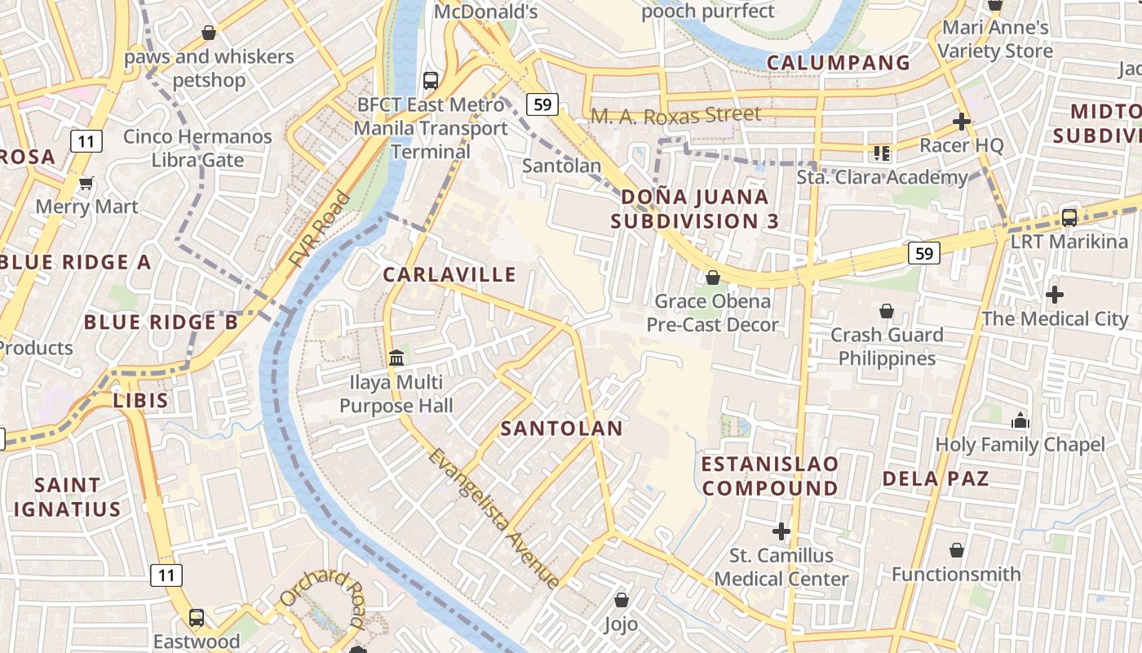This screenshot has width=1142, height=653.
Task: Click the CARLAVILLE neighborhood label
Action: coord(449,274)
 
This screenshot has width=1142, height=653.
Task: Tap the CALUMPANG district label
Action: coord(839,63)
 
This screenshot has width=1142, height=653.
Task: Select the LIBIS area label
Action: coord(140,401)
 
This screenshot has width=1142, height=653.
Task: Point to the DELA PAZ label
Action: coord(936,478)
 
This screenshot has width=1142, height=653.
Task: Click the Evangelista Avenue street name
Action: coord(494,518)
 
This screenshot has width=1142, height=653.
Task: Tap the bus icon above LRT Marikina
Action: coord(1069,218)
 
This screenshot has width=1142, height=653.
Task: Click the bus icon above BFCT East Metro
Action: coord(431,81)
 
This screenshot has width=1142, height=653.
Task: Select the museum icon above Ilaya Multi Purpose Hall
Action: coord(396,358)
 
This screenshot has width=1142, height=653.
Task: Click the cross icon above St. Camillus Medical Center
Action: coord(781,531)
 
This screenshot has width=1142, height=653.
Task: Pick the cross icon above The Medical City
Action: coord(1054,294)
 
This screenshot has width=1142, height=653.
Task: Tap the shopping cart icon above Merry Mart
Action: coord(86,183)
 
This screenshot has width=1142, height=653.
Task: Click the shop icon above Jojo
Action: coord(622,600)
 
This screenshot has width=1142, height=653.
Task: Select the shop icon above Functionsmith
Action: coord(956,550)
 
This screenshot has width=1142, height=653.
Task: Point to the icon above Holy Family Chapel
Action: coord(1020,421)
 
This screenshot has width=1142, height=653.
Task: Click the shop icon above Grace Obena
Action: coord(713,278)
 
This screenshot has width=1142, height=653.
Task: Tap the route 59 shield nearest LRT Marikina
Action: coord(924,253)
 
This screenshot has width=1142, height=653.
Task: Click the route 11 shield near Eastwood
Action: coord(166,575)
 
